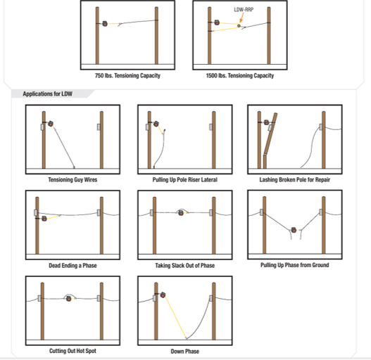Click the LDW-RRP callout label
point(244,11)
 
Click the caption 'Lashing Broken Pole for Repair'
point(294,180)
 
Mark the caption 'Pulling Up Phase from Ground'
point(294,265)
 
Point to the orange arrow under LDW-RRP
point(241,20)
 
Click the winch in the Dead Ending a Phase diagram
point(44,219)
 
